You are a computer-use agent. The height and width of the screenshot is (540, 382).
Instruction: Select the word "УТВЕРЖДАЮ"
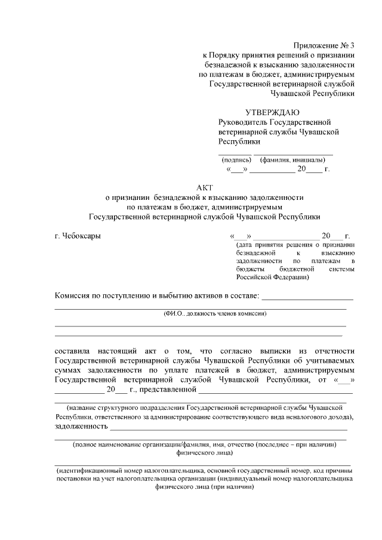(x=273, y=113)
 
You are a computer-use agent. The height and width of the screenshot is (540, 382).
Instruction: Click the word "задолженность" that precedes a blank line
(x=81, y=427)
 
